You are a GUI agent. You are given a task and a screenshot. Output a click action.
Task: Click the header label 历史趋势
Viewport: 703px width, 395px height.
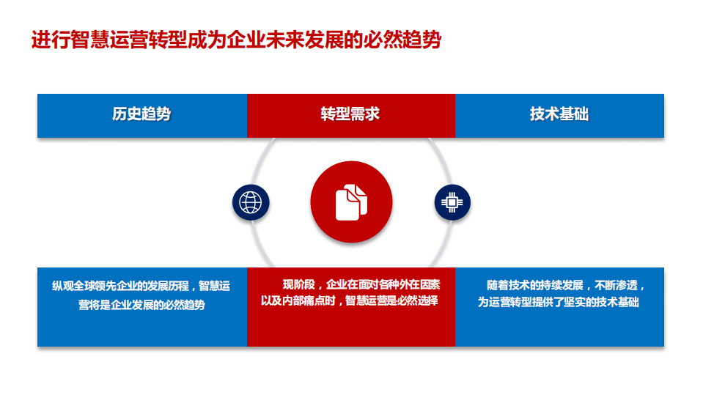tap(141, 115)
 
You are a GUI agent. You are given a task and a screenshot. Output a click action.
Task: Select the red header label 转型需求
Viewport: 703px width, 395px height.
tap(350, 115)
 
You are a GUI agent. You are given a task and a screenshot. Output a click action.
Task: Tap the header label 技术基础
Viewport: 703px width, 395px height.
tap(559, 115)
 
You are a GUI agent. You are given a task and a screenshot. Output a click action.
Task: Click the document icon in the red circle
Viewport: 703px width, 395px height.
tap(351, 202)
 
